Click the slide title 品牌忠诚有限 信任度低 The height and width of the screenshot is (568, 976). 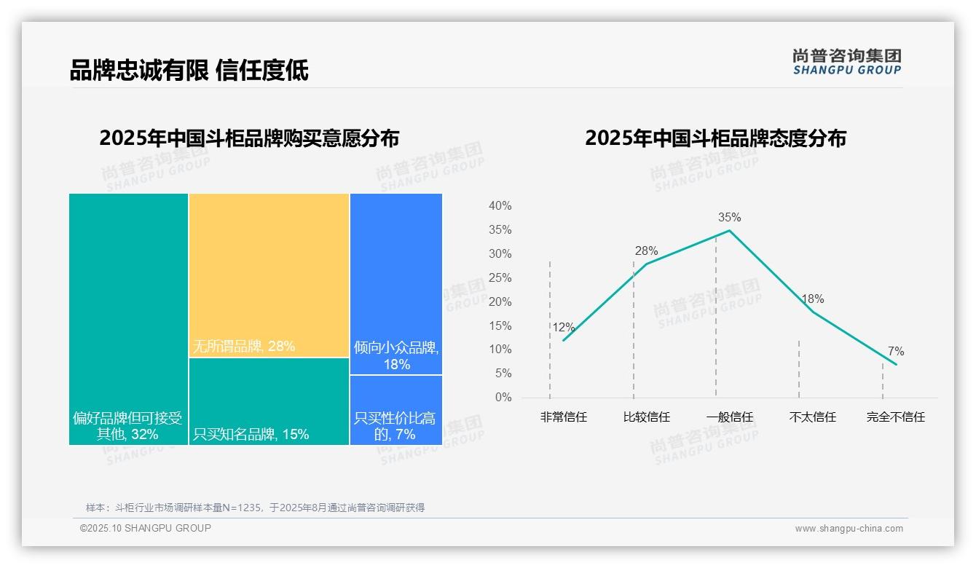(189, 70)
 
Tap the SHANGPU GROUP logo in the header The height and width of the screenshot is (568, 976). (847, 62)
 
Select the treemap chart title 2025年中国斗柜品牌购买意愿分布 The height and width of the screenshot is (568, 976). (249, 138)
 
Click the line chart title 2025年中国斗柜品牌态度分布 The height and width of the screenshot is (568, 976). (715, 138)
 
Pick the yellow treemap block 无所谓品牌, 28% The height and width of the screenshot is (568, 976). (269, 275)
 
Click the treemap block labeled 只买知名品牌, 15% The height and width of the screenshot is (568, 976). (269, 401)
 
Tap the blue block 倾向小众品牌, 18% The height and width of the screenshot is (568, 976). (396, 284)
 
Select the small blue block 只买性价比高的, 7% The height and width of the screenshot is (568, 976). (396, 410)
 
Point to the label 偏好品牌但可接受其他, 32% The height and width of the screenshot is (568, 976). (127, 427)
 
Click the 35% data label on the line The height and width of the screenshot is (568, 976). (729, 217)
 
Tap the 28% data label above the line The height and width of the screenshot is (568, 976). (646, 251)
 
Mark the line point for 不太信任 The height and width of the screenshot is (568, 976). (813, 312)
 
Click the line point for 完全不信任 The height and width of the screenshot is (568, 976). (896, 364)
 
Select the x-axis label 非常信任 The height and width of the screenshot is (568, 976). (563, 417)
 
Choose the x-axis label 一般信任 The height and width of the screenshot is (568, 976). (729, 417)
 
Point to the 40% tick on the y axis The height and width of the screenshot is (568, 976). (500, 206)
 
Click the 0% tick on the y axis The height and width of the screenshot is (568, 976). (503, 398)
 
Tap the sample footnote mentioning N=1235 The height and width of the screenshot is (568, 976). (255, 508)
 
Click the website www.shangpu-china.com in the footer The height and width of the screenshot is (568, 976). (849, 529)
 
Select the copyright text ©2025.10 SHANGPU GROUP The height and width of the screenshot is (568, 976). (146, 528)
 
